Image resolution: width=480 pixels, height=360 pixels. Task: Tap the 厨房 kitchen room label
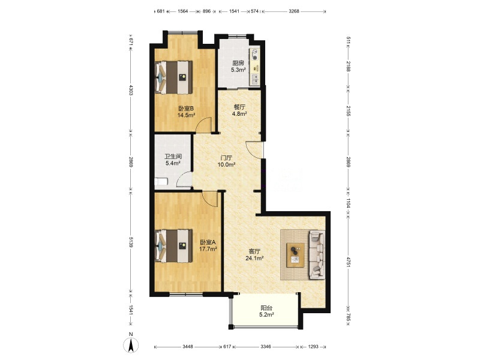point(238,64)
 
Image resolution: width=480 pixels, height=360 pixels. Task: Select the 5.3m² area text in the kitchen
point(238,70)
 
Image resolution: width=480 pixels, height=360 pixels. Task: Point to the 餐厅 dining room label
point(239,107)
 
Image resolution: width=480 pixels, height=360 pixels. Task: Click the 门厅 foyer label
point(227,158)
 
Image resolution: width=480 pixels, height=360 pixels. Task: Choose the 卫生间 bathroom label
point(173,157)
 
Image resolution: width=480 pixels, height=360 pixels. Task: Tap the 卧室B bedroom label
point(186,109)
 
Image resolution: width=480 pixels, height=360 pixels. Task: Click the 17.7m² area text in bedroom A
point(208,249)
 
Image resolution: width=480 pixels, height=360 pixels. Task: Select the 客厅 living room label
point(254,251)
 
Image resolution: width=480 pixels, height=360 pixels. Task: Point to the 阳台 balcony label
point(266,308)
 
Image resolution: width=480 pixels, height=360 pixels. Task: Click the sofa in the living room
point(317,254)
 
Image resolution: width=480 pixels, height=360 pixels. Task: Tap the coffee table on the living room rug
point(295,255)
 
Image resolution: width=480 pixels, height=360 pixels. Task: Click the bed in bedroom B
point(173,77)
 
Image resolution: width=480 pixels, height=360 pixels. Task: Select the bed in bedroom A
point(173,246)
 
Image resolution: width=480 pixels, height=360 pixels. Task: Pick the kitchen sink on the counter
point(254,79)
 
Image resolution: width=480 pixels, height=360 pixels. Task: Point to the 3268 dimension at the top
point(294,11)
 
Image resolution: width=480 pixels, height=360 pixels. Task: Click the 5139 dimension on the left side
point(131,242)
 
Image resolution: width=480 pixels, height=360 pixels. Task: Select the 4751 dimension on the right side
point(348,262)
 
